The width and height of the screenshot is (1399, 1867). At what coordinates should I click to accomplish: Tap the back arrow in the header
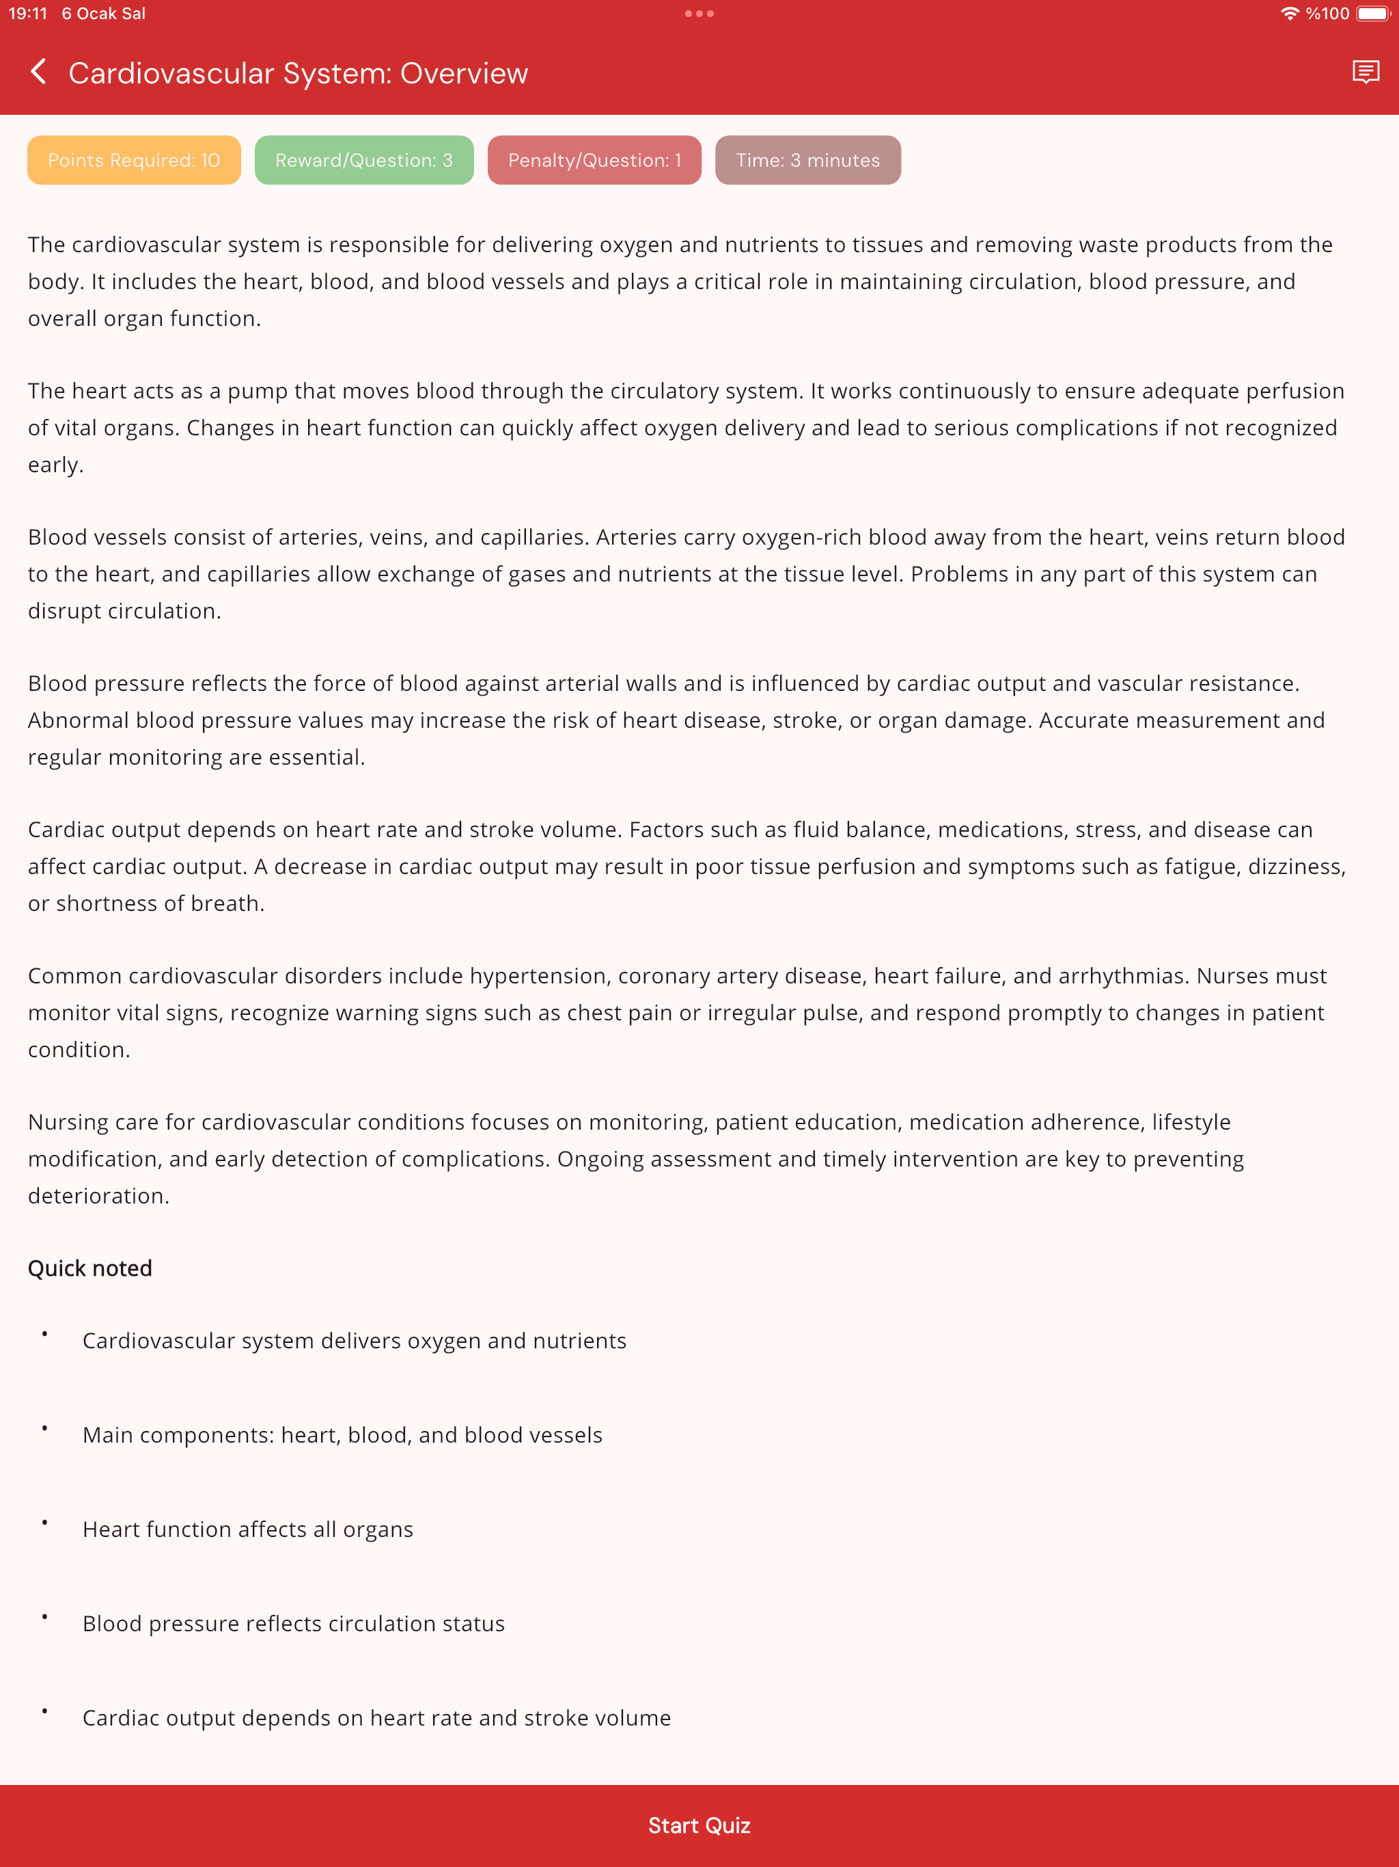pyautogui.click(x=38, y=72)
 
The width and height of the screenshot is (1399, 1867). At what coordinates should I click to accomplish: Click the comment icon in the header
pyautogui.click(x=1366, y=72)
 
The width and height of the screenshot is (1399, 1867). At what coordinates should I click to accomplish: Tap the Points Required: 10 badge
pyautogui.click(x=134, y=161)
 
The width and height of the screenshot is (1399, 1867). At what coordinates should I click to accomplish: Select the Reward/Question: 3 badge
pyautogui.click(x=363, y=161)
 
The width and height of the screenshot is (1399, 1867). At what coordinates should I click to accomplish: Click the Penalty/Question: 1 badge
pyautogui.click(x=594, y=161)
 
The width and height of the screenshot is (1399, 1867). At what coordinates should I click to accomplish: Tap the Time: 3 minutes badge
pyautogui.click(x=807, y=161)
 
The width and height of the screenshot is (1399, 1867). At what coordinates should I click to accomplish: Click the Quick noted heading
pyautogui.click(x=90, y=1268)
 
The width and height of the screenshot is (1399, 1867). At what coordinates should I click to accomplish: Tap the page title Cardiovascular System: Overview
pyautogui.click(x=298, y=73)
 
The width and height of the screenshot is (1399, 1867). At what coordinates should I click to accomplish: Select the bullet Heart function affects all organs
pyautogui.click(x=247, y=1529)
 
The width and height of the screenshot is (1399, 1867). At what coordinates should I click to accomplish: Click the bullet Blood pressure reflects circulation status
pyautogui.click(x=294, y=1624)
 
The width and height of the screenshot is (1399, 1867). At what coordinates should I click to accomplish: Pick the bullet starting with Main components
pyautogui.click(x=342, y=1435)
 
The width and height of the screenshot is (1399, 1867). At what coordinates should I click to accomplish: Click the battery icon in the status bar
pyautogui.click(x=1373, y=14)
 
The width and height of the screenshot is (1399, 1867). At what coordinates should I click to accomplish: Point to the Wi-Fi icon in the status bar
pyautogui.click(x=1289, y=14)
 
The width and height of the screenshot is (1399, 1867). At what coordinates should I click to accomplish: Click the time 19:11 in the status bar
pyautogui.click(x=28, y=14)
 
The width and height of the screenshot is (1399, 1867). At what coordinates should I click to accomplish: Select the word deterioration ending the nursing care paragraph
pyautogui.click(x=97, y=1196)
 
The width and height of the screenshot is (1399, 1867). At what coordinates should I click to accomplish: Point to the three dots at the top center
pyautogui.click(x=699, y=14)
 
